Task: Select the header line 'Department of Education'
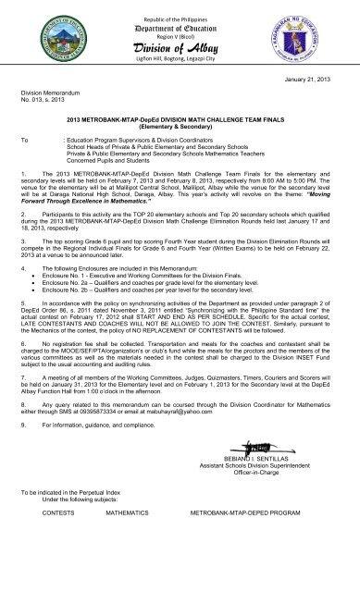click(180, 29)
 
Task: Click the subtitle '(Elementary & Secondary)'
click(180, 124)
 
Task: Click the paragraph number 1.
click(22, 173)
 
